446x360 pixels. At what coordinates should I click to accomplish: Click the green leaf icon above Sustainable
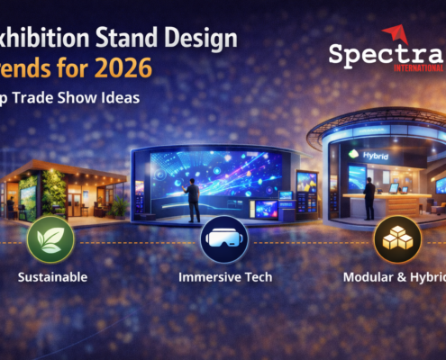click(50, 239)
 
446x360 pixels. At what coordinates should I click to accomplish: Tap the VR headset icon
click(223, 239)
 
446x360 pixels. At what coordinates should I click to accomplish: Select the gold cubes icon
click(397, 239)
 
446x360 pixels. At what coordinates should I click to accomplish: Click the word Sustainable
click(52, 277)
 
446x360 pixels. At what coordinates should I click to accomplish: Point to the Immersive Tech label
click(223, 277)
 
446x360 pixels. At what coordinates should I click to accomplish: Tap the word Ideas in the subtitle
click(120, 98)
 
